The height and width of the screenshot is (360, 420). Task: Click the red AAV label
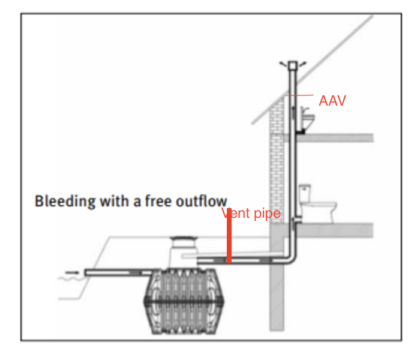(x=332, y=101)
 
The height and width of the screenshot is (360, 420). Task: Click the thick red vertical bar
(x=229, y=239)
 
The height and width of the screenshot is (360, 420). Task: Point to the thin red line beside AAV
(x=299, y=96)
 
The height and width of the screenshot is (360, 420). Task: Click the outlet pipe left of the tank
(x=114, y=272)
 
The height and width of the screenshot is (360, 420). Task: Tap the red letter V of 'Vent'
(x=225, y=214)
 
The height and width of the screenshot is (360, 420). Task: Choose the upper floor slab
(x=336, y=138)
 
